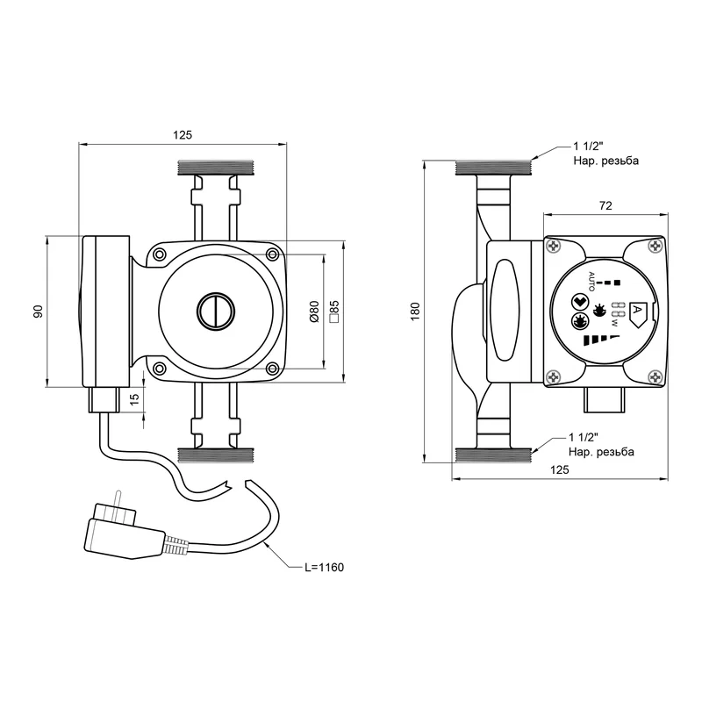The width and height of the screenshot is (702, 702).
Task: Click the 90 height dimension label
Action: click(x=38, y=312)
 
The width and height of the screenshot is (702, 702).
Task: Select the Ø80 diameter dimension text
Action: click(x=314, y=312)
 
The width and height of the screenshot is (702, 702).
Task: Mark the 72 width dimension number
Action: click(x=605, y=205)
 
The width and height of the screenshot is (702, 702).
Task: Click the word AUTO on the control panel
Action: click(x=591, y=282)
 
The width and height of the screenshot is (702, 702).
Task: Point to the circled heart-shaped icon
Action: click(x=579, y=302)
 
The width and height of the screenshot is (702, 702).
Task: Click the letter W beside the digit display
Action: click(x=615, y=323)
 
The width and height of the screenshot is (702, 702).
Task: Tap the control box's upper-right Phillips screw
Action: click(x=655, y=246)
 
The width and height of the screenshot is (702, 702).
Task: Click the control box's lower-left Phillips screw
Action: click(x=554, y=377)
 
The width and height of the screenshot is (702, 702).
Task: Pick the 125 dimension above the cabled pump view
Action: click(x=182, y=134)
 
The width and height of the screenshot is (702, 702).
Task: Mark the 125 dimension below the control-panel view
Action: click(x=559, y=469)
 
